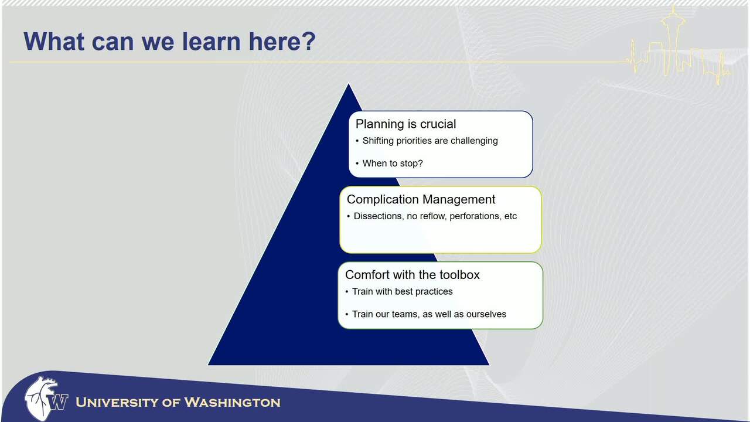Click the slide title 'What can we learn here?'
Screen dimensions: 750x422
tap(169, 42)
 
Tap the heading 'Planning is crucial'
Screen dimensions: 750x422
tap(406, 124)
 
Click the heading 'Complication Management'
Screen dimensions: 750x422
tap(421, 199)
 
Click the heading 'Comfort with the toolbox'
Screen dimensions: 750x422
tap(412, 275)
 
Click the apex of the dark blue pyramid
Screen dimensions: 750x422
tap(349, 84)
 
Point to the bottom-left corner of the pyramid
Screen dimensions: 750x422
tap(208, 365)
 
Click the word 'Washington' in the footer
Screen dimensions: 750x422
tap(233, 402)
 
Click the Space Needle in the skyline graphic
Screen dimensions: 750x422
tap(673, 40)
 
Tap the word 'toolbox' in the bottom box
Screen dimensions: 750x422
tap(460, 275)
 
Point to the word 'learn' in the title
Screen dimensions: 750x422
tap(212, 42)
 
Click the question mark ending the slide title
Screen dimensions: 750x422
tap(308, 42)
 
